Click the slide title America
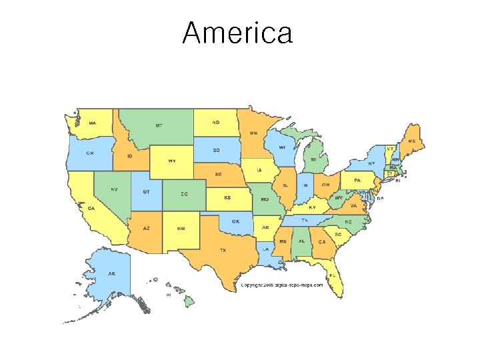coord(237,33)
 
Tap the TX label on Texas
coord(223,250)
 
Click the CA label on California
coord(91,208)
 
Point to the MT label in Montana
coord(159,125)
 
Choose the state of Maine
coord(411,141)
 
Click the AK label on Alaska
coord(112,273)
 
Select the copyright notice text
coord(281,285)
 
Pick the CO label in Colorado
coord(183,194)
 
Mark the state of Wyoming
coord(171,161)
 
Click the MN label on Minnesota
coord(253,133)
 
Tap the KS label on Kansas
coord(227,198)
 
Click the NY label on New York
coord(371,163)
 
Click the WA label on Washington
coord(92,123)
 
